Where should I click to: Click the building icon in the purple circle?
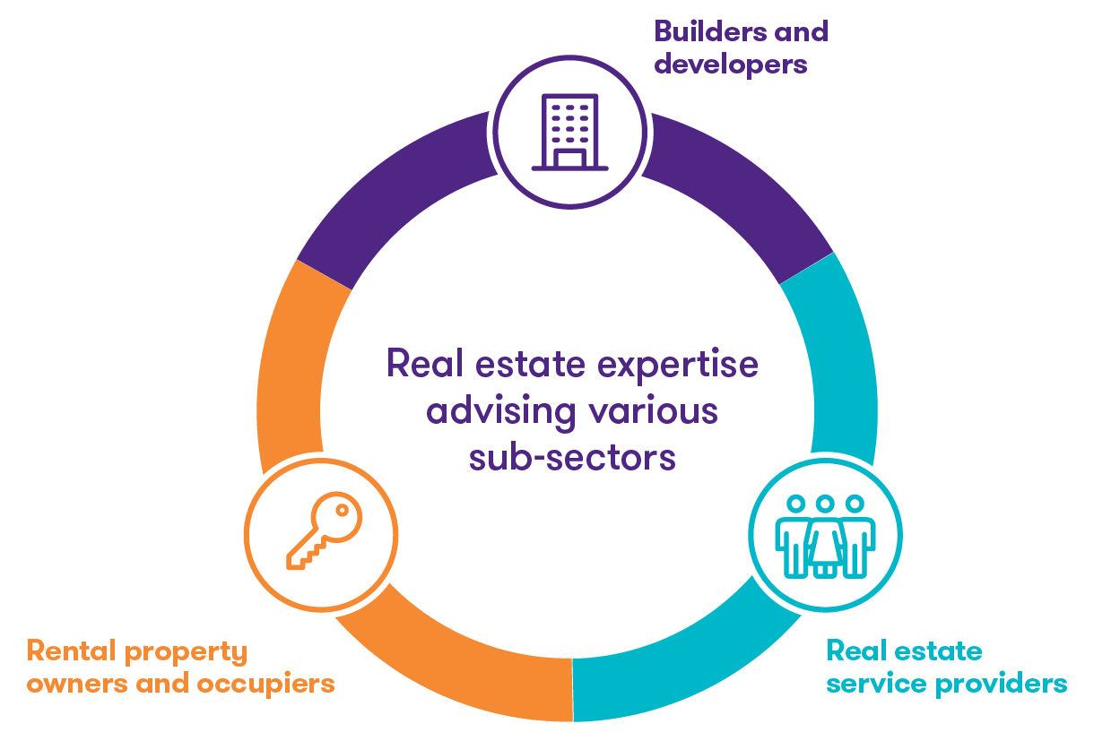click(x=569, y=132)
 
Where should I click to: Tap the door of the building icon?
click(x=569, y=159)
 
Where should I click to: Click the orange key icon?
click(x=321, y=530)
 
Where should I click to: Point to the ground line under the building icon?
click(x=569, y=168)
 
